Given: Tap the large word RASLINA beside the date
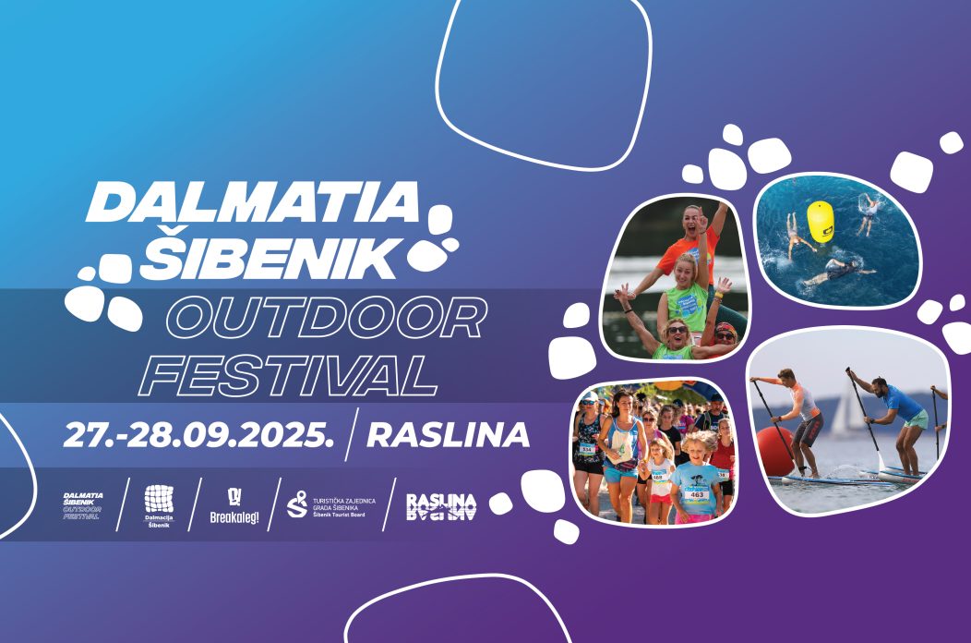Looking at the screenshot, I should point(449,435).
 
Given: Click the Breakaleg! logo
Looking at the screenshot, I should point(234,504).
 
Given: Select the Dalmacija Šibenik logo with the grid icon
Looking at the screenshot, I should point(159,504).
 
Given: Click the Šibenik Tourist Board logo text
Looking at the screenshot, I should point(337,504).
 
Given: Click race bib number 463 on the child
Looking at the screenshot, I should point(696,495).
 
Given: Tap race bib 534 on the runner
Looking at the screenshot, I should point(586,450).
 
